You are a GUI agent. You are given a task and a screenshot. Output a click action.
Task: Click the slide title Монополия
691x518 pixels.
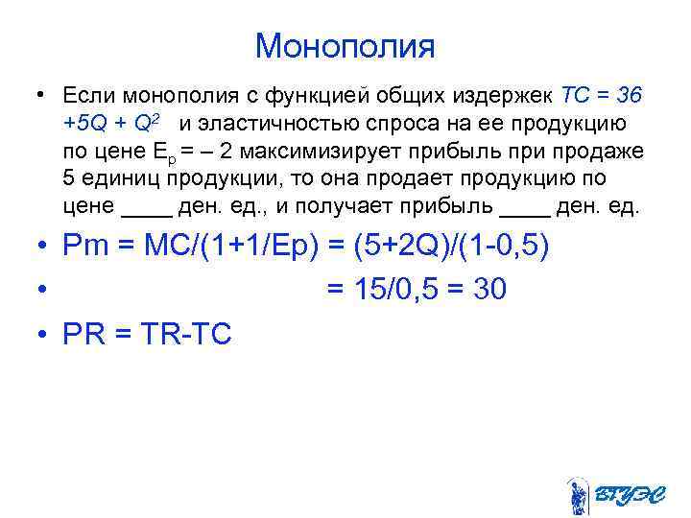click(345, 45)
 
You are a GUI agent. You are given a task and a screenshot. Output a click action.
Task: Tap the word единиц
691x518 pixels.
click(118, 179)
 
